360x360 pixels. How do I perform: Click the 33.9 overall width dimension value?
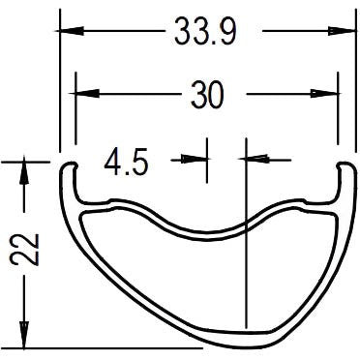tap(204, 32)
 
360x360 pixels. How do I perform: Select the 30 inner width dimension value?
tap(207, 95)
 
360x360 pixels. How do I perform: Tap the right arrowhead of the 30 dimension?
tap(330, 95)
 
